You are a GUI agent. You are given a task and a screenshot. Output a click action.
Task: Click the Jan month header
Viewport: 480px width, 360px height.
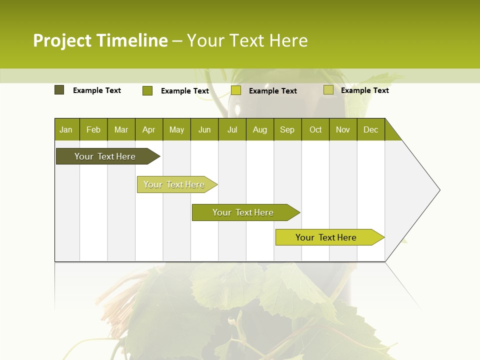tap(66, 130)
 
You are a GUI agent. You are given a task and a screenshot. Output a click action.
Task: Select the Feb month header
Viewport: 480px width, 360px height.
tap(93, 130)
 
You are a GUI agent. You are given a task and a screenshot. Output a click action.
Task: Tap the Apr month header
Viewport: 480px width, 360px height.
tap(148, 130)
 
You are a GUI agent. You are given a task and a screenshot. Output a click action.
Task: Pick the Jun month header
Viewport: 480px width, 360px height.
tap(204, 130)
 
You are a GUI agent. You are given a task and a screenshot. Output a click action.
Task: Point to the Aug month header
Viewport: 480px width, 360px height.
tap(259, 130)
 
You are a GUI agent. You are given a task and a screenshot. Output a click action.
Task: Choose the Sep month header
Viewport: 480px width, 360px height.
tap(287, 130)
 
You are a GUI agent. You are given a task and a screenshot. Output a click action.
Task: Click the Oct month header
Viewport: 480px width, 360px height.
tap(315, 130)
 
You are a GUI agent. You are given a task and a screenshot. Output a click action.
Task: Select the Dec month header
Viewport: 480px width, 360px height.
tap(370, 130)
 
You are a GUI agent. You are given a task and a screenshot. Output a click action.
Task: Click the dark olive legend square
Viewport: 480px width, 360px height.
tap(59, 90)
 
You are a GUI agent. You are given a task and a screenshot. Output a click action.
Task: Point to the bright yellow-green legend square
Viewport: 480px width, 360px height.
tap(236, 90)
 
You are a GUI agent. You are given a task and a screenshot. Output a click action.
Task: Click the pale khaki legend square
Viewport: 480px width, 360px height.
tap(328, 90)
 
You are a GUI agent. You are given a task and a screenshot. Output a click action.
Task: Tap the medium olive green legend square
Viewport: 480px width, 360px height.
tap(147, 90)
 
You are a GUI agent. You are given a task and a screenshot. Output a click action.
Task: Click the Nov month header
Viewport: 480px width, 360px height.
tap(343, 130)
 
